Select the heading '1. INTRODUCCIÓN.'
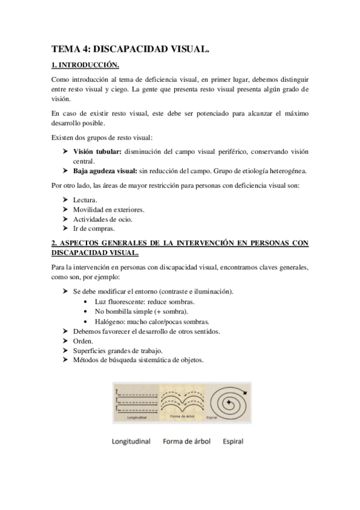tap(85, 65)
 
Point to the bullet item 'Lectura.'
tap(85, 200)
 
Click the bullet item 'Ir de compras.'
tap(93, 229)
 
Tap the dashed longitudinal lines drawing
tap(135, 398)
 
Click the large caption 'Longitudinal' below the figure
tap(131, 441)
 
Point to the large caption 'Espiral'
tap(232, 441)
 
